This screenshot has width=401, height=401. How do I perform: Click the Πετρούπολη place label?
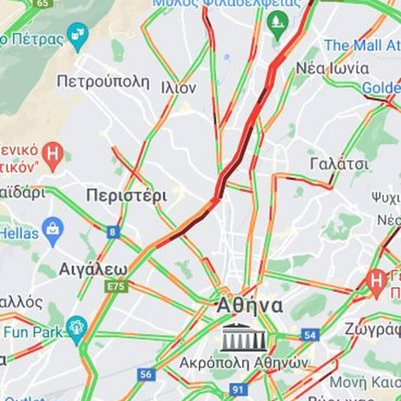click(103, 81)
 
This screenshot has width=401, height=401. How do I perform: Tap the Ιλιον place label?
click(178, 88)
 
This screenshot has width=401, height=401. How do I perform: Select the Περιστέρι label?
click(127, 196)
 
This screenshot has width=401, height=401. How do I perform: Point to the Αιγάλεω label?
click(93, 269)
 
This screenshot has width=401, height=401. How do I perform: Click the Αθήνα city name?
click(249, 306)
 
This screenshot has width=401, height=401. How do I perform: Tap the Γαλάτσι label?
click(339, 164)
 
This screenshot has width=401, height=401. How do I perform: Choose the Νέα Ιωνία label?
click(333, 68)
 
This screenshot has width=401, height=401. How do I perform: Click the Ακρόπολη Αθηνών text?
click(244, 363)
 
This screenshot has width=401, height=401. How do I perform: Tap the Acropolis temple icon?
click(244, 337)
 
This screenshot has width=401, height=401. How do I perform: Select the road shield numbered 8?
click(113, 232)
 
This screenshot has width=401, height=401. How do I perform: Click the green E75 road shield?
click(116, 286)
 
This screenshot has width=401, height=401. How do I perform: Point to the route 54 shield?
click(310, 335)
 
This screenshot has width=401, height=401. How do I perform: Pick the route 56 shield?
click(146, 375)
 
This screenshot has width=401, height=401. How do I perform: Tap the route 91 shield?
click(238, 390)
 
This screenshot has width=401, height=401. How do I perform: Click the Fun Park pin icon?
click(77, 327)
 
